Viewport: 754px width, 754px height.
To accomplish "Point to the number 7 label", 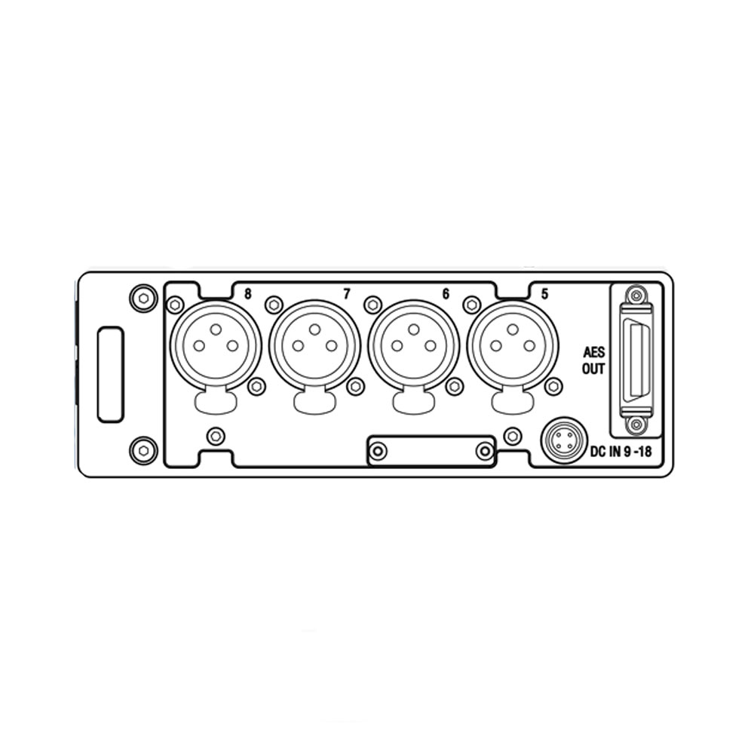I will tap(347, 293).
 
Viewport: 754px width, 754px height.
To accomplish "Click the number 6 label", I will tap(446, 293).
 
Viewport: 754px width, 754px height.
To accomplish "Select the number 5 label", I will tap(544, 293).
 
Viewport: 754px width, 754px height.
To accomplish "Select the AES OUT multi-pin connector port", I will tap(636, 361).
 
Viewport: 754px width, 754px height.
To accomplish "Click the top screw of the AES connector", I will tap(636, 296).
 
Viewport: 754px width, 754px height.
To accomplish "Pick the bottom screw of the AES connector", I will tap(636, 426).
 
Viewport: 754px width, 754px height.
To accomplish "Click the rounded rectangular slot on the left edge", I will tap(110, 374).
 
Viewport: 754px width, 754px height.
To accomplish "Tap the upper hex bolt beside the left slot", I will tap(143, 298).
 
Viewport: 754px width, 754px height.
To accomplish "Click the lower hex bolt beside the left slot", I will tap(143, 450).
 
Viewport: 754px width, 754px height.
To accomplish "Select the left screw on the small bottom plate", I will tap(379, 451).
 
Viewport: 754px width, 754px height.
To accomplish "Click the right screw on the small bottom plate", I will tap(484, 451).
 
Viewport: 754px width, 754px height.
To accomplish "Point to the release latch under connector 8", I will tap(216, 400).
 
